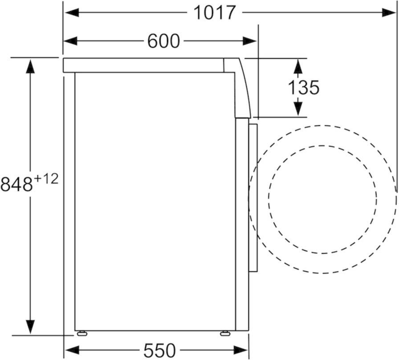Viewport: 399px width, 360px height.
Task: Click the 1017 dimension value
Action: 214,12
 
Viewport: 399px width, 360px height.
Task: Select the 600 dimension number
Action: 163,41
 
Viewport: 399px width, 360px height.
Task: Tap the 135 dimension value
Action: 303,88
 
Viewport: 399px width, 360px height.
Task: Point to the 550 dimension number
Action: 159,350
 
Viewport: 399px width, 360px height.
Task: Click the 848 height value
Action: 17,184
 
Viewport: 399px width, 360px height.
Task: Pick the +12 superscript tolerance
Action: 46,179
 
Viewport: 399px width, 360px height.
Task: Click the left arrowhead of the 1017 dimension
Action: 71,12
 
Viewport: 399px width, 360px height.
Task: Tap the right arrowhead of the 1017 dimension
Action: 389,12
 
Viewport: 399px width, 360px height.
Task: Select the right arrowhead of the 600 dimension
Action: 249,41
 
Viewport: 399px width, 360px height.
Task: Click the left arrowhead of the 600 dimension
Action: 70,41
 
